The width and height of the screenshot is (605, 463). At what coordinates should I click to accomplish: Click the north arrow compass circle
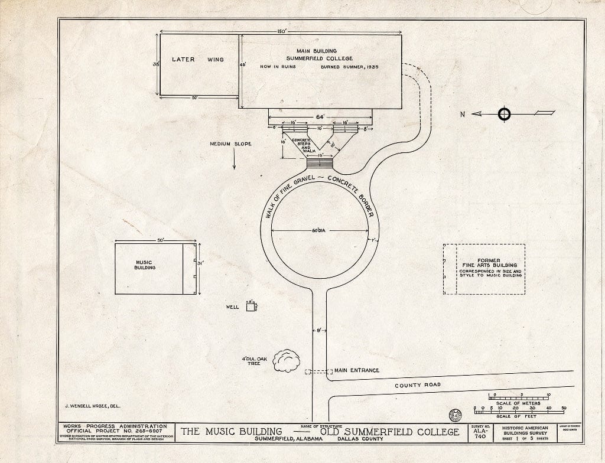pyautogui.click(x=504, y=113)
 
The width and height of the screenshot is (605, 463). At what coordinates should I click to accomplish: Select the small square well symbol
pyautogui.click(x=251, y=307)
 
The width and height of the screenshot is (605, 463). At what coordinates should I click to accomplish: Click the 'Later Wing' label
pyautogui.click(x=198, y=60)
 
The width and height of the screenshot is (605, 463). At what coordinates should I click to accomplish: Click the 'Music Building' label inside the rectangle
pyautogui.click(x=145, y=265)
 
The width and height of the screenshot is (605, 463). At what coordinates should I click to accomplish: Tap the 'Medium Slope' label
pyautogui.click(x=230, y=144)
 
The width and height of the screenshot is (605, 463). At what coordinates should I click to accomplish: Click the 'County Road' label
pyautogui.click(x=418, y=386)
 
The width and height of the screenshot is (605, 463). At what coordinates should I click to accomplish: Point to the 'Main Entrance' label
pyautogui.click(x=356, y=370)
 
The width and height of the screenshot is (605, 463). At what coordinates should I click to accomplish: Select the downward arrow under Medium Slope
pyautogui.click(x=234, y=159)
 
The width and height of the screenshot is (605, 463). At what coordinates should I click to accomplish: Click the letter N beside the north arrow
pyautogui.click(x=463, y=114)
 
